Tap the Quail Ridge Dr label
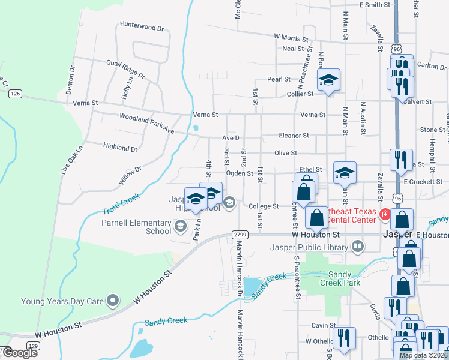125,69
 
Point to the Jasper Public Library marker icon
358,246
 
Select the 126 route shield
16,94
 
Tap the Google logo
20,353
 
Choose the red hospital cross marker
384,214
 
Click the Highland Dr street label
120,147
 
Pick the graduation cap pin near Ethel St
345,173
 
